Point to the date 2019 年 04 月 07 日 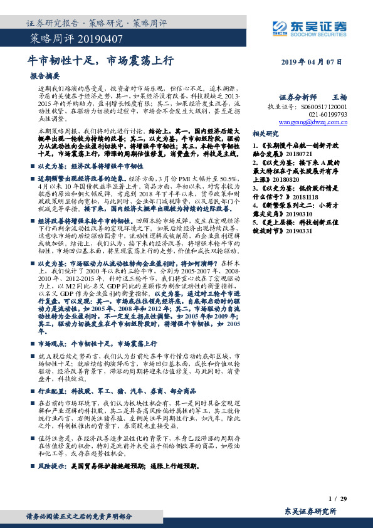tap(312, 61)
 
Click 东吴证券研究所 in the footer tap(310, 511)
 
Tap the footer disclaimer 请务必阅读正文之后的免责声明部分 tap(78, 517)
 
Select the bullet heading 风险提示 tap(52, 466)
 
